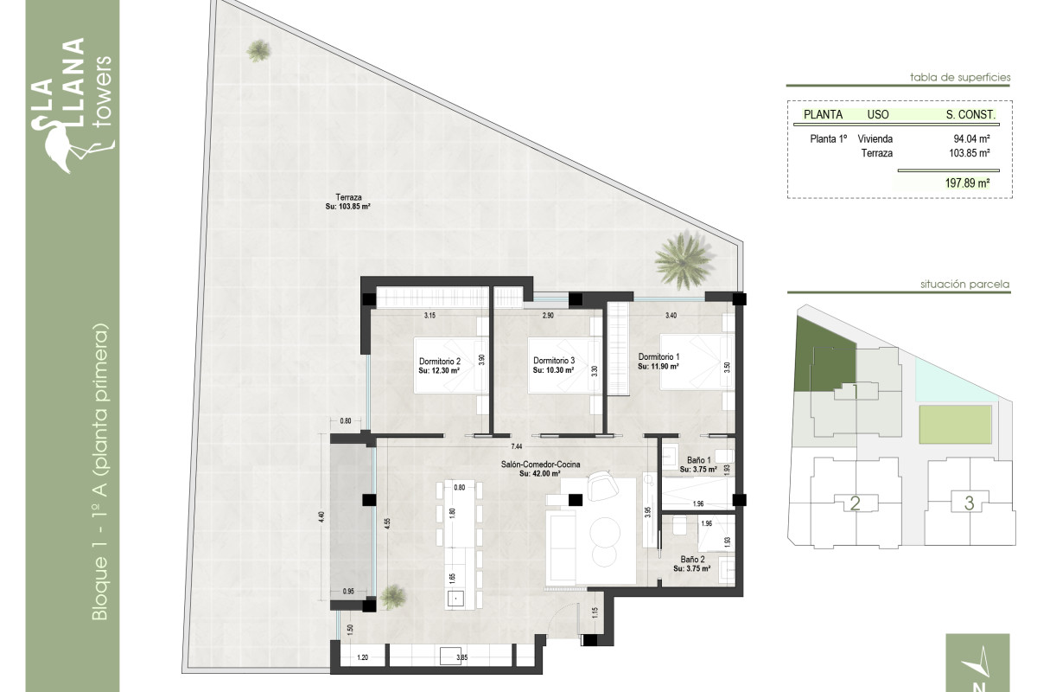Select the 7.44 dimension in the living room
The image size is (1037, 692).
pos(517,446)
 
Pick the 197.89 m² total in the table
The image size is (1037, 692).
pos(967,183)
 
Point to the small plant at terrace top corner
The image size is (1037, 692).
pos(258,51)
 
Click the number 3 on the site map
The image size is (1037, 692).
pos(969,503)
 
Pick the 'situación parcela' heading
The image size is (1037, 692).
pos(965,284)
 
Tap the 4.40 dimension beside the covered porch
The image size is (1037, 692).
pos(321,516)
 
